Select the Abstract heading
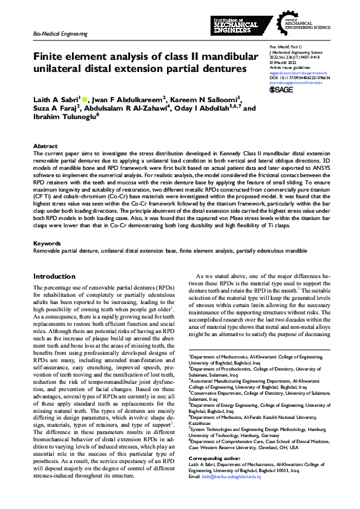45,146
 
